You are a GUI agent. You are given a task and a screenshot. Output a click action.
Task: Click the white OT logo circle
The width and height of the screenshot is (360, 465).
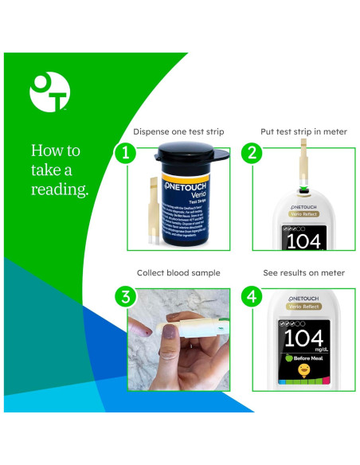[49, 92]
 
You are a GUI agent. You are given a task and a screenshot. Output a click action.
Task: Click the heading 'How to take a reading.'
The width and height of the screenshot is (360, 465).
[59, 170]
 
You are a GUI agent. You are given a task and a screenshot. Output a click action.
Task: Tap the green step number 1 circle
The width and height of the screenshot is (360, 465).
[124, 153]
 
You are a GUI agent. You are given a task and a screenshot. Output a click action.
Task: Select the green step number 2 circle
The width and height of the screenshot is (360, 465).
[252, 153]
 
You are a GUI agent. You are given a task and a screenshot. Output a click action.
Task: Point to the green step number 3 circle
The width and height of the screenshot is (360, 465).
[124, 297]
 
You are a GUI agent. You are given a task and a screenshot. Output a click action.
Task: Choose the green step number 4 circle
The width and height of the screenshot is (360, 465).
[252, 297]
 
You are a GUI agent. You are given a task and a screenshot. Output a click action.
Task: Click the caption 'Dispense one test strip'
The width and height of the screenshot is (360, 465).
[178, 131]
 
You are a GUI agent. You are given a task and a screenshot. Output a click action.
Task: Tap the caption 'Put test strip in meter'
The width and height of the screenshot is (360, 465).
[303, 131]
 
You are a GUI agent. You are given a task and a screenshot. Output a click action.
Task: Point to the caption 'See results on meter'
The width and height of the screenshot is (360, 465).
[303, 273]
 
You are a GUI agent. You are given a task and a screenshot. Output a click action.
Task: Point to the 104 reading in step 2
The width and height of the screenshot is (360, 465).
[303, 241]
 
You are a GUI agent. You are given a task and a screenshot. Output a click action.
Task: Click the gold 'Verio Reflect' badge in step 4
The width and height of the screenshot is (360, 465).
[304, 306]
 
